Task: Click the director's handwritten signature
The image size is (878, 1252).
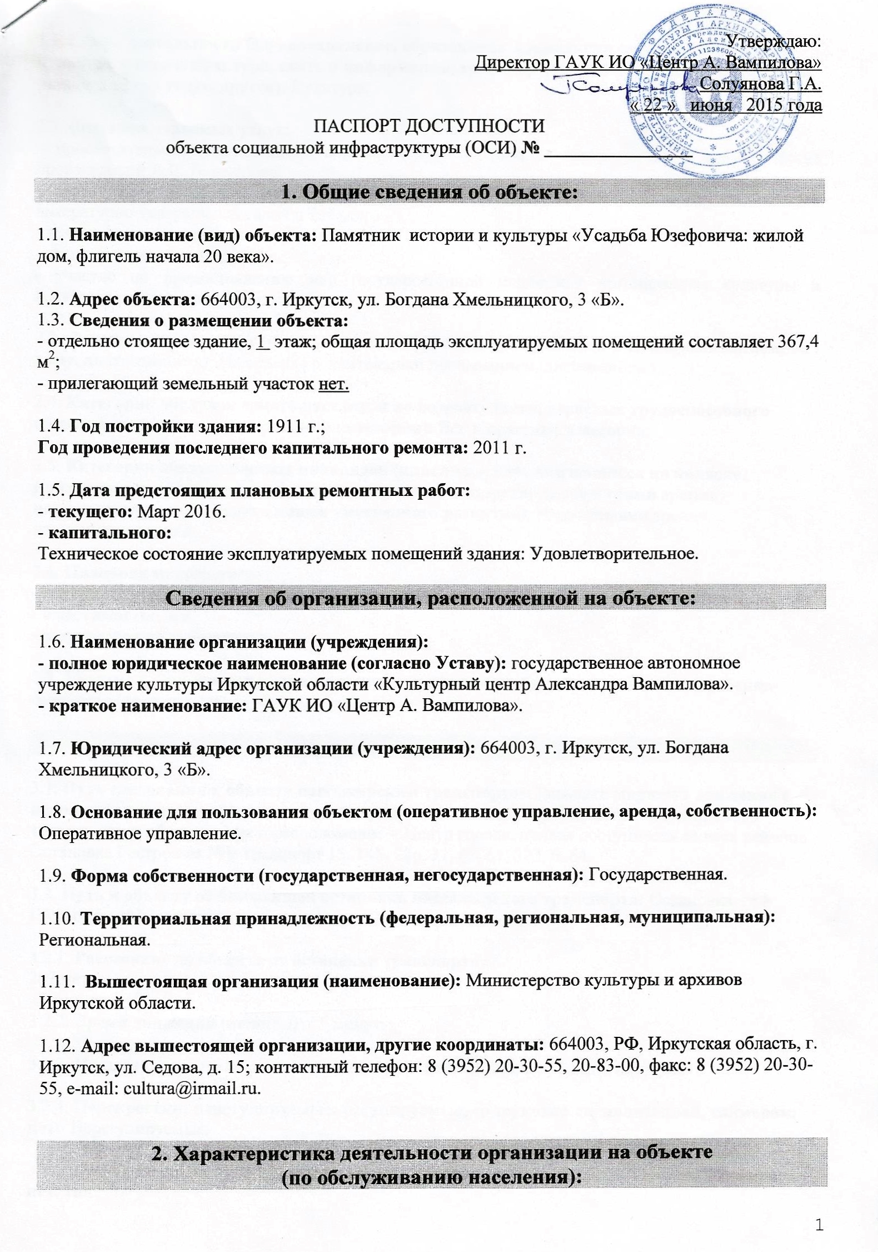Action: click(617, 86)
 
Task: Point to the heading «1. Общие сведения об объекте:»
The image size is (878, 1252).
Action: click(430, 192)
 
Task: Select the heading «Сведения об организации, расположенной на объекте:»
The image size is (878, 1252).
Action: click(430, 598)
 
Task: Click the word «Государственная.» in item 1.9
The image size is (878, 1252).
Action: click(658, 875)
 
